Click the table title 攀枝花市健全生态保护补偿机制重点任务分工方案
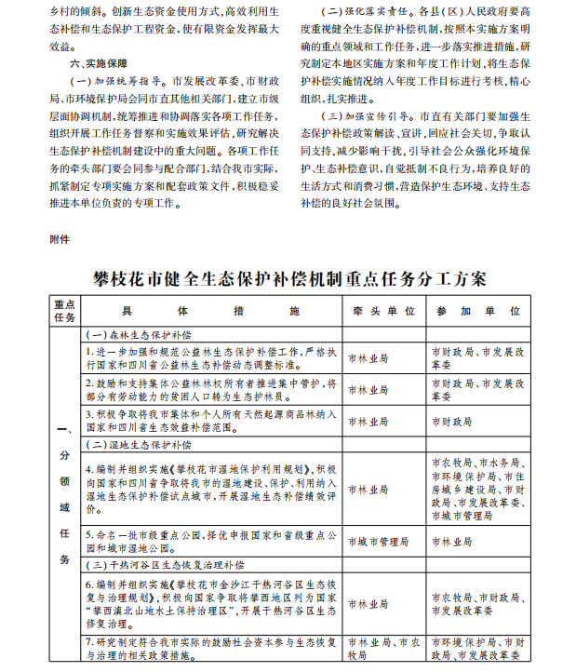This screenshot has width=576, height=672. pyautogui.click(x=289, y=277)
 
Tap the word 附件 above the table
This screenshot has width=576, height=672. pyautogui.click(x=60, y=238)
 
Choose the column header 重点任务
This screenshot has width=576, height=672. pyautogui.click(x=65, y=311)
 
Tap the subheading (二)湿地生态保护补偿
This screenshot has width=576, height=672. pyautogui.click(x=139, y=445)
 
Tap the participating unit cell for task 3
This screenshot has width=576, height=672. pyautogui.click(x=451, y=422)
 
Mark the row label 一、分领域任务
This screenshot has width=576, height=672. pyautogui.click(x=65, y=493)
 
